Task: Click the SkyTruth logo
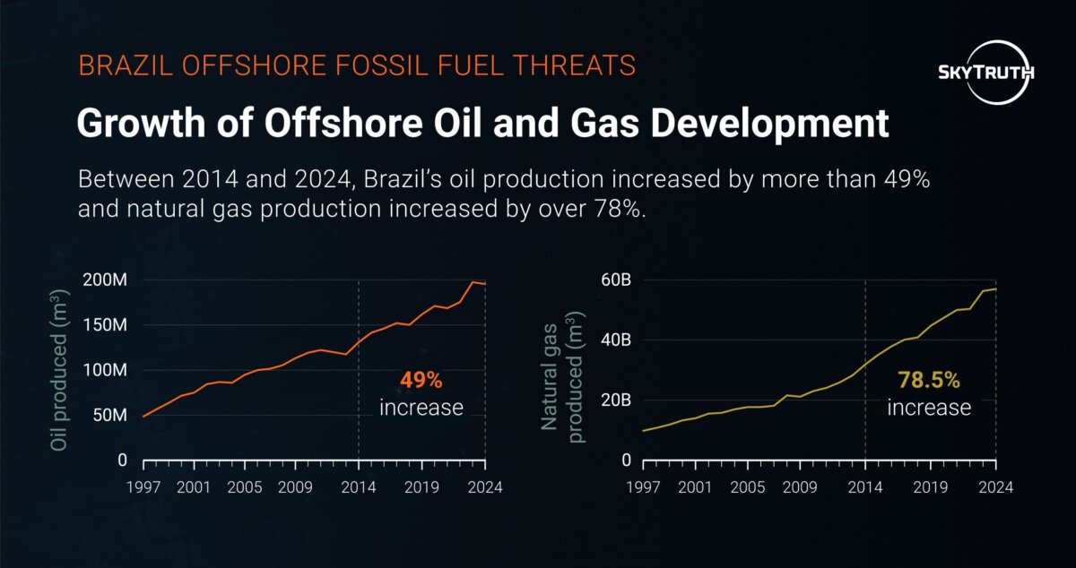(984, 72)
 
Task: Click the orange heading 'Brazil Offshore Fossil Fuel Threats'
(357, 65)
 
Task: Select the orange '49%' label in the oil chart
(421, 380)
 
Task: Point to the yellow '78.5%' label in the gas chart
(929, 380)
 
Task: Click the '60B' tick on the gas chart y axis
(614, 280)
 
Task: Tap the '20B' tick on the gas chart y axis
(614, 400)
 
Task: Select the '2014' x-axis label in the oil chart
(359, 487)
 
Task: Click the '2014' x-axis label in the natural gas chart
(865, 487)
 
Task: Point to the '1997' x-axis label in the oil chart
(143, 487)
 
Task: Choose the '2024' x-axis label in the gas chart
(995, 487)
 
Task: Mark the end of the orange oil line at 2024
(485, 284)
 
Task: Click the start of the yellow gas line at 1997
(643, 431)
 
